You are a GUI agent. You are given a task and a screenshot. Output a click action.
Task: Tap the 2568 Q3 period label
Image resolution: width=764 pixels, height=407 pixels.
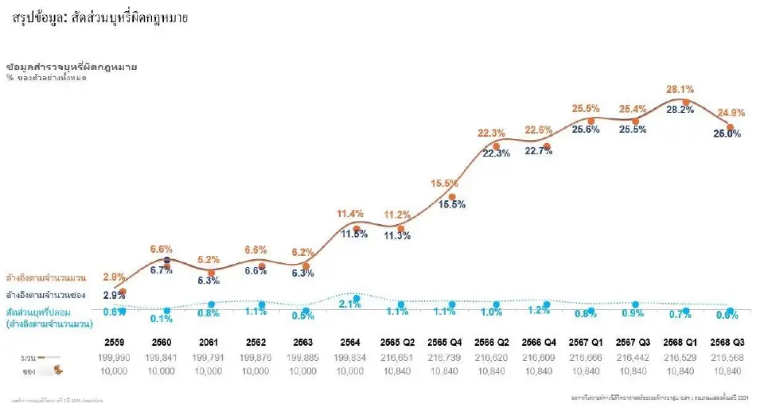(730, 341)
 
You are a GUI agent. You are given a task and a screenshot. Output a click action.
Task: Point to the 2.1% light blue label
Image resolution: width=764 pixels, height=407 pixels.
(350, 303)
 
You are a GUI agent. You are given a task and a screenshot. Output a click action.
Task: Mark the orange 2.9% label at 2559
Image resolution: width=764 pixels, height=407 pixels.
(115, 277)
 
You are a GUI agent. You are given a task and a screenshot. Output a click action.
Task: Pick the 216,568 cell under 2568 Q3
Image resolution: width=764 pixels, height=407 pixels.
(730, 359)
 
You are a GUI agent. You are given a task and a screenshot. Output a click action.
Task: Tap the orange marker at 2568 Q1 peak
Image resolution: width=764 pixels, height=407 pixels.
(685, 102)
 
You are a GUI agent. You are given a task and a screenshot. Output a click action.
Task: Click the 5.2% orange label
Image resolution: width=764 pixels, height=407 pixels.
(208, 260)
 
